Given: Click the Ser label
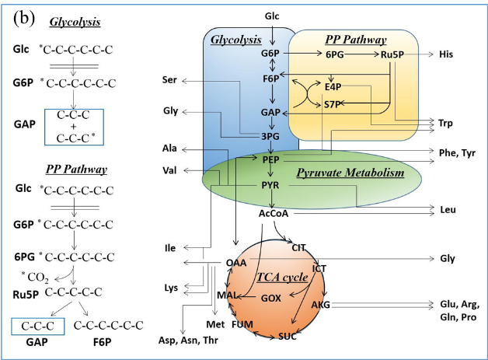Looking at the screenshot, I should [170, 80].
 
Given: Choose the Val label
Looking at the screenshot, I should [170, 170].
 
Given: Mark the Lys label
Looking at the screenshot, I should [171, 288].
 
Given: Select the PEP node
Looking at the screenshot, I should [270, 159].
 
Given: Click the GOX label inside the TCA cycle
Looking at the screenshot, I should [271, 298].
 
